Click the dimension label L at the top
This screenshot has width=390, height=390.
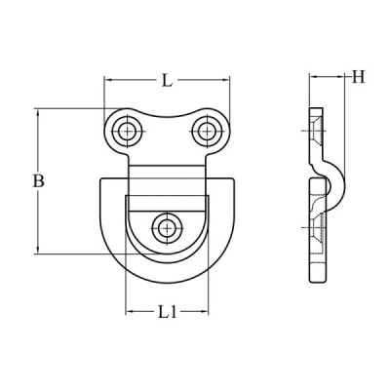click(167, 80)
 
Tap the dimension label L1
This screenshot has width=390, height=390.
click(168, 312)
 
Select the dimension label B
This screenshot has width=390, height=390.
click(38, 181)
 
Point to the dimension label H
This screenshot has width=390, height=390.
click(359, 77)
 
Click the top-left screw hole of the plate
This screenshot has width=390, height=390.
click(127, 132)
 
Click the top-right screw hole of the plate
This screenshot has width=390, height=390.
click(207, 132)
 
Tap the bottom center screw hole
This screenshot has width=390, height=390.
click(167, 227)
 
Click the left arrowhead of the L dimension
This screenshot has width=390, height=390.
click(108, 80)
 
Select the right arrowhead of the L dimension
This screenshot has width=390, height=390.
click(225, 80)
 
